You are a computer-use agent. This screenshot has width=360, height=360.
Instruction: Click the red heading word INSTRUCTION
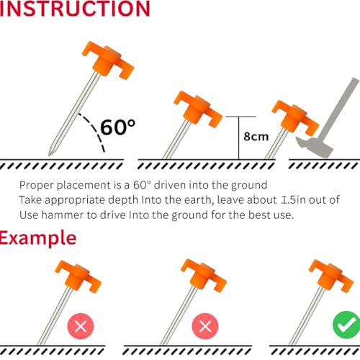point(75,9)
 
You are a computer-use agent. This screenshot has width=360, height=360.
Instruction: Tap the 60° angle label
point(117,127)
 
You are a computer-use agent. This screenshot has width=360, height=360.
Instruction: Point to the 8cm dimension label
point(256,137)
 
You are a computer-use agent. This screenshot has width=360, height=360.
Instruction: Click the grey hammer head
point(315,147)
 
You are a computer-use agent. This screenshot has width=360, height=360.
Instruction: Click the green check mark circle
point(346,325)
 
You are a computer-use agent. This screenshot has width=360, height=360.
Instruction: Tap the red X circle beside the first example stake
point(81,326)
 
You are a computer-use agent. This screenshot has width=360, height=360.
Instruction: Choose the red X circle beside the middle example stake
point(205,326)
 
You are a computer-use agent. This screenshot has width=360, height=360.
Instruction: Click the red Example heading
point(38,238)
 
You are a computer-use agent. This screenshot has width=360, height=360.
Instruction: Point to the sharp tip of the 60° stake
point(49,156)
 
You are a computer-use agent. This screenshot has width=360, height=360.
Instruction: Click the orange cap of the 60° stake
point(108,60)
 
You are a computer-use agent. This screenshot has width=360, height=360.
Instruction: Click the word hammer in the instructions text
point(63,215)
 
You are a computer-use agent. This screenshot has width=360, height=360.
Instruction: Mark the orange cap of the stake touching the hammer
point(295,117)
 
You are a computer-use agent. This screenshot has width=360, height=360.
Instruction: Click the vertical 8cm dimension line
point(239,138)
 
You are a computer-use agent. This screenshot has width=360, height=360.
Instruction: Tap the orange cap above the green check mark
point(331,276)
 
